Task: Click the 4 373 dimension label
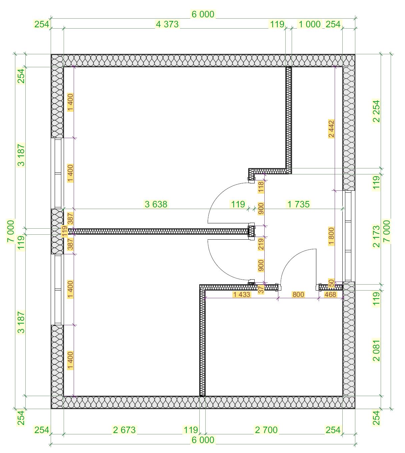[x=167, y=24]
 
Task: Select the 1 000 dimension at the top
[x=310, y=24]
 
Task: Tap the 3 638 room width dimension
[x=156, y=204]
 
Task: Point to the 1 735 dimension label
[x=298, y=204]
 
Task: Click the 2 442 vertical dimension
[x=331, y=129]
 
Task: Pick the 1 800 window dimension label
[x=331, y=236]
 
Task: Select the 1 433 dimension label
[x=241, y=294]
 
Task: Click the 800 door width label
[x=298, y=294]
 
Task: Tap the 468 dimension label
[x=330, y=294]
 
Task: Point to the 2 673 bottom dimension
[x=124, y=430]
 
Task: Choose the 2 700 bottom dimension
[x=266, y=430]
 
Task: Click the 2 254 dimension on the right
[x=376, y=111]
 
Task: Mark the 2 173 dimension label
[x=376, y=236]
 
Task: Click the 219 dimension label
[x=261, y=244]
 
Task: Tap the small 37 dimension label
[x=261, y=289]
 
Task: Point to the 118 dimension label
[x=261, y=187]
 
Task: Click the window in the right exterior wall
[x=349, y=236]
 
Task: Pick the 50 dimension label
[x=331, y=283]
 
